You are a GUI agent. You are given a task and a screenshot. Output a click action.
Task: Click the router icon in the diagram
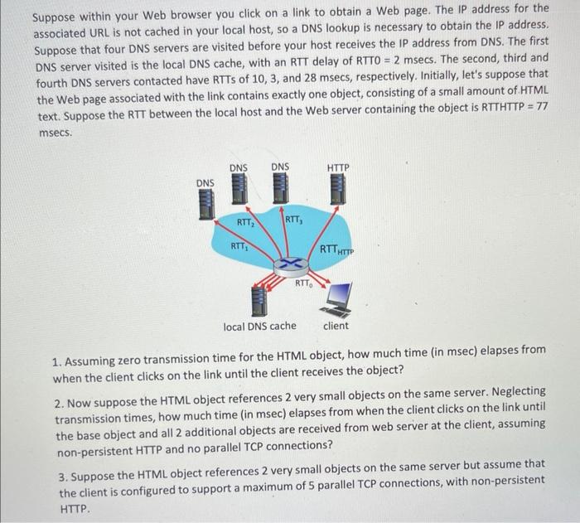[x=288, y=263]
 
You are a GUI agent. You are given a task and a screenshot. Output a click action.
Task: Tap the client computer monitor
[x=339, y=296]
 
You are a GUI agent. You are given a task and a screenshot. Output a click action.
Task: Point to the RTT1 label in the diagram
[x=238, y=246]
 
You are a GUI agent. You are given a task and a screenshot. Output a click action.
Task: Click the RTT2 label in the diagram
[x=245, y=222]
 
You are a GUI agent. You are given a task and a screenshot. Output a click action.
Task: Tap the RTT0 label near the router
[x=305, y=284]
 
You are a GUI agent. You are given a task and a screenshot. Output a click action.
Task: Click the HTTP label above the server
[x=338, y=167]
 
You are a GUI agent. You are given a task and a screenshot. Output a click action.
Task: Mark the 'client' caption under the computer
[x=336, y=326]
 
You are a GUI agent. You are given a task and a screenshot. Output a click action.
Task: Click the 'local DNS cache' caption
[x=259, y=327]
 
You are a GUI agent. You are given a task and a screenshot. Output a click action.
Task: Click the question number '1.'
[x=56, y=362]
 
